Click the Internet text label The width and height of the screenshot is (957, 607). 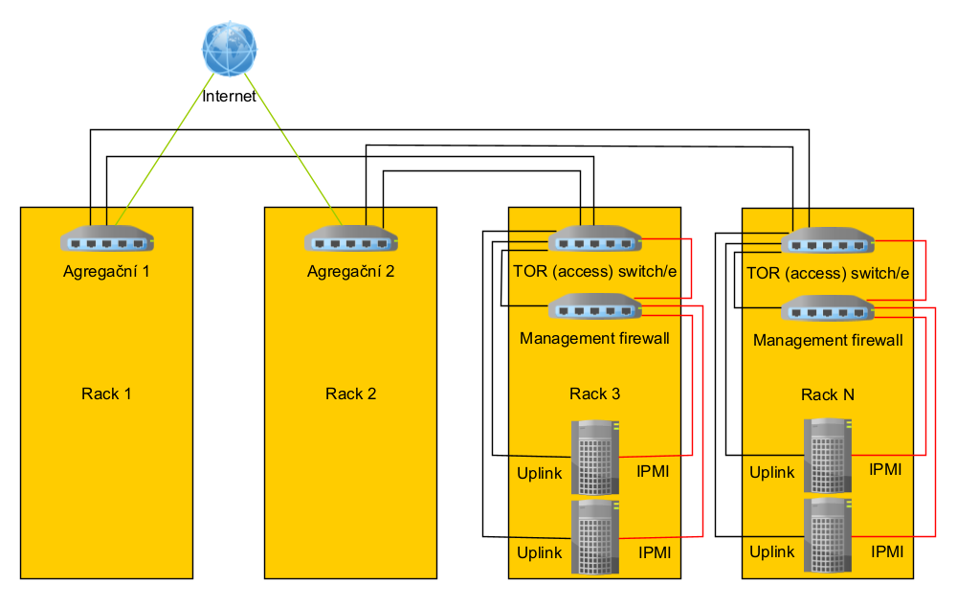pyautogui.click(x=230, y=97)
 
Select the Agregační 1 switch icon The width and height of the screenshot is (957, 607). pyautogui.click(x=107, y=239)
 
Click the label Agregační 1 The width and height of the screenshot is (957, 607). pyautogui.click(x=107, y=271)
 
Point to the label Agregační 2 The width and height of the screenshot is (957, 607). pyautogui.click(x=351, y=271)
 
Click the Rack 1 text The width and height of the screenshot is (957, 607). pyautogui.click(x=107, y=393)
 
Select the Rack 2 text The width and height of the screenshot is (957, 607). pyautogui.click(x=351, y=393)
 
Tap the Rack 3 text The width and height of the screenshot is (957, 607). pyautogui.click(x=595, y=393)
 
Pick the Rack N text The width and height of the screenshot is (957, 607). pyautogui.click(x=828, y=394)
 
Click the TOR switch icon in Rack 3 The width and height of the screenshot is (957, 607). pyautogui.click(x=595, y=239)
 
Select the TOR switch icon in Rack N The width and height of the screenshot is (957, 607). pyautogui.click(x=828, y=240)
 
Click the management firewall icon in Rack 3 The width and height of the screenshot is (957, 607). pyautogui.click(x=595, y=308)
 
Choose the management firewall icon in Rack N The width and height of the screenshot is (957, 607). pyautogui.click(x=828, y=309)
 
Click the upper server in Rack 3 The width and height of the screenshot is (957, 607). pyautogui.click(x=595, y=458)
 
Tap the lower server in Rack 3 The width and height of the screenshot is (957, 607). pyautogui.click(x=595, y=537)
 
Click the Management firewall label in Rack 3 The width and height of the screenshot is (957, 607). pyautogui.click(x=594, y=339)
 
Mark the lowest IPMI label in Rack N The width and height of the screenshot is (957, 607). pyautogui.click(x=886, y=551)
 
